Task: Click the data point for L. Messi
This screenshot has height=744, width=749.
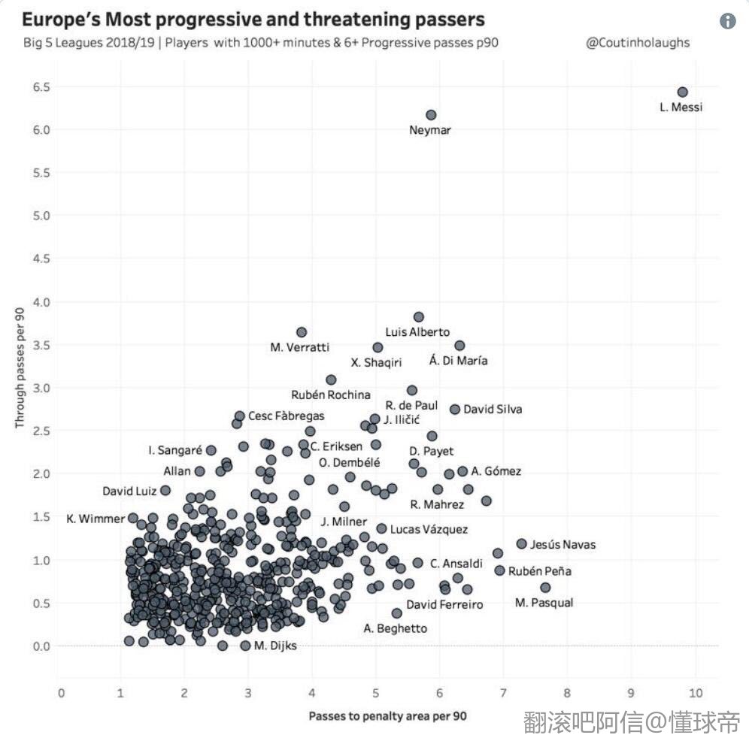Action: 682,92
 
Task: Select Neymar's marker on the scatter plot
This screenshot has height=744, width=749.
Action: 431,115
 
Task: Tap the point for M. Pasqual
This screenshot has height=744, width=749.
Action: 545,588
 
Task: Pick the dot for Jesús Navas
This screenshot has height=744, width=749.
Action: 521,543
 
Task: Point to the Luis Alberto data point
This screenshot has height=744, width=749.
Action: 419,317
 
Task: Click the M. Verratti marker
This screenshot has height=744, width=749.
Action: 302,332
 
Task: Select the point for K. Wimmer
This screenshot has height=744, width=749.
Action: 133,518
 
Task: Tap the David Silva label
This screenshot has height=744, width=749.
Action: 492,410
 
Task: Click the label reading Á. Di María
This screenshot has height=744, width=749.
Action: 458,361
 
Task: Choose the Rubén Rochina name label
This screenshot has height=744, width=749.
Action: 331,395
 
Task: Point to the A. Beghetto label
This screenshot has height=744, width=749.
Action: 395,628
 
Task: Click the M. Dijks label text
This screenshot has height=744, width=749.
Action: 275,646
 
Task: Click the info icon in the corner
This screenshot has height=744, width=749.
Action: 727,21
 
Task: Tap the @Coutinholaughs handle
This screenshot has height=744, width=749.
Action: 637,43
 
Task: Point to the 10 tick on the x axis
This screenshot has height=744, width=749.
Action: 696,693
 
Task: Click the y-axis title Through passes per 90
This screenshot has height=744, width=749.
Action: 20,368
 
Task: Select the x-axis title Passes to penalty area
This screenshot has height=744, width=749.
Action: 387,716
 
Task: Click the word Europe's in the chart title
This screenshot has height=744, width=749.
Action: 60,20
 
